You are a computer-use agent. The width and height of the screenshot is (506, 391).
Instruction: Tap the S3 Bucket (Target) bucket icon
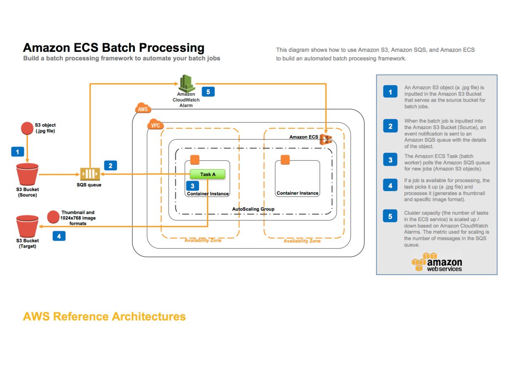(x=27, y=226)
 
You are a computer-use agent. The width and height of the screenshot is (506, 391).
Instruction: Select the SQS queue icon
(x=90, y=174)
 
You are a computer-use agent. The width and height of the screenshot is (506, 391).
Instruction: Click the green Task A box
(x=207, y=174)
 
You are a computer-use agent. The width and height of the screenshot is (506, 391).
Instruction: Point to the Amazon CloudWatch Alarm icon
(x=186, y=83)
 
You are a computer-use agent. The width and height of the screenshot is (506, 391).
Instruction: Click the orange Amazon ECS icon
(x=326, y=138)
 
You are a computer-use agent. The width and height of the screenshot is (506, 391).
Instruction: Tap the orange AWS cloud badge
(x=143, y=109)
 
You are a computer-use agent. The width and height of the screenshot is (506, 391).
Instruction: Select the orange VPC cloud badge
(x=155, y=125)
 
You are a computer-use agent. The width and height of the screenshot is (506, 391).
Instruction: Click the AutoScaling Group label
(x=253, y=209)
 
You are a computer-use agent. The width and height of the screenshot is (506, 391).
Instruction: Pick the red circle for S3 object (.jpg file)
(x=27, y=128)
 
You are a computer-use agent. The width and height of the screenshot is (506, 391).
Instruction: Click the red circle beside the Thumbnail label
(x=53, y=217)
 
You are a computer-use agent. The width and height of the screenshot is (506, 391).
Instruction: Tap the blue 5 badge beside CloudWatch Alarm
(x=208, y=92)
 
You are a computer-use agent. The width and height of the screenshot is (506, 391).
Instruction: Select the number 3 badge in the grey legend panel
(x=390, y=160)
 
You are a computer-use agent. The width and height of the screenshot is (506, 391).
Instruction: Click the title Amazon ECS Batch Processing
(x=113, y=48)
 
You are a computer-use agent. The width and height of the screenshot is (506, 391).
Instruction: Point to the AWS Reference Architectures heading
(x=104, y=316)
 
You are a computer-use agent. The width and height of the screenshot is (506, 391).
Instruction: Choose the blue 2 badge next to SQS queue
(x=110, y=165)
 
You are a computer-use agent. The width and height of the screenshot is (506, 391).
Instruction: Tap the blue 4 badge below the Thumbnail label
(x=59, y=236)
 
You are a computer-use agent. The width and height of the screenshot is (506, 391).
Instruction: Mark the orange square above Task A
(x=194, y=160)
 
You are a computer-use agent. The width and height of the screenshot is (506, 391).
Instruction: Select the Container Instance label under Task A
(x=208, y=194)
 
